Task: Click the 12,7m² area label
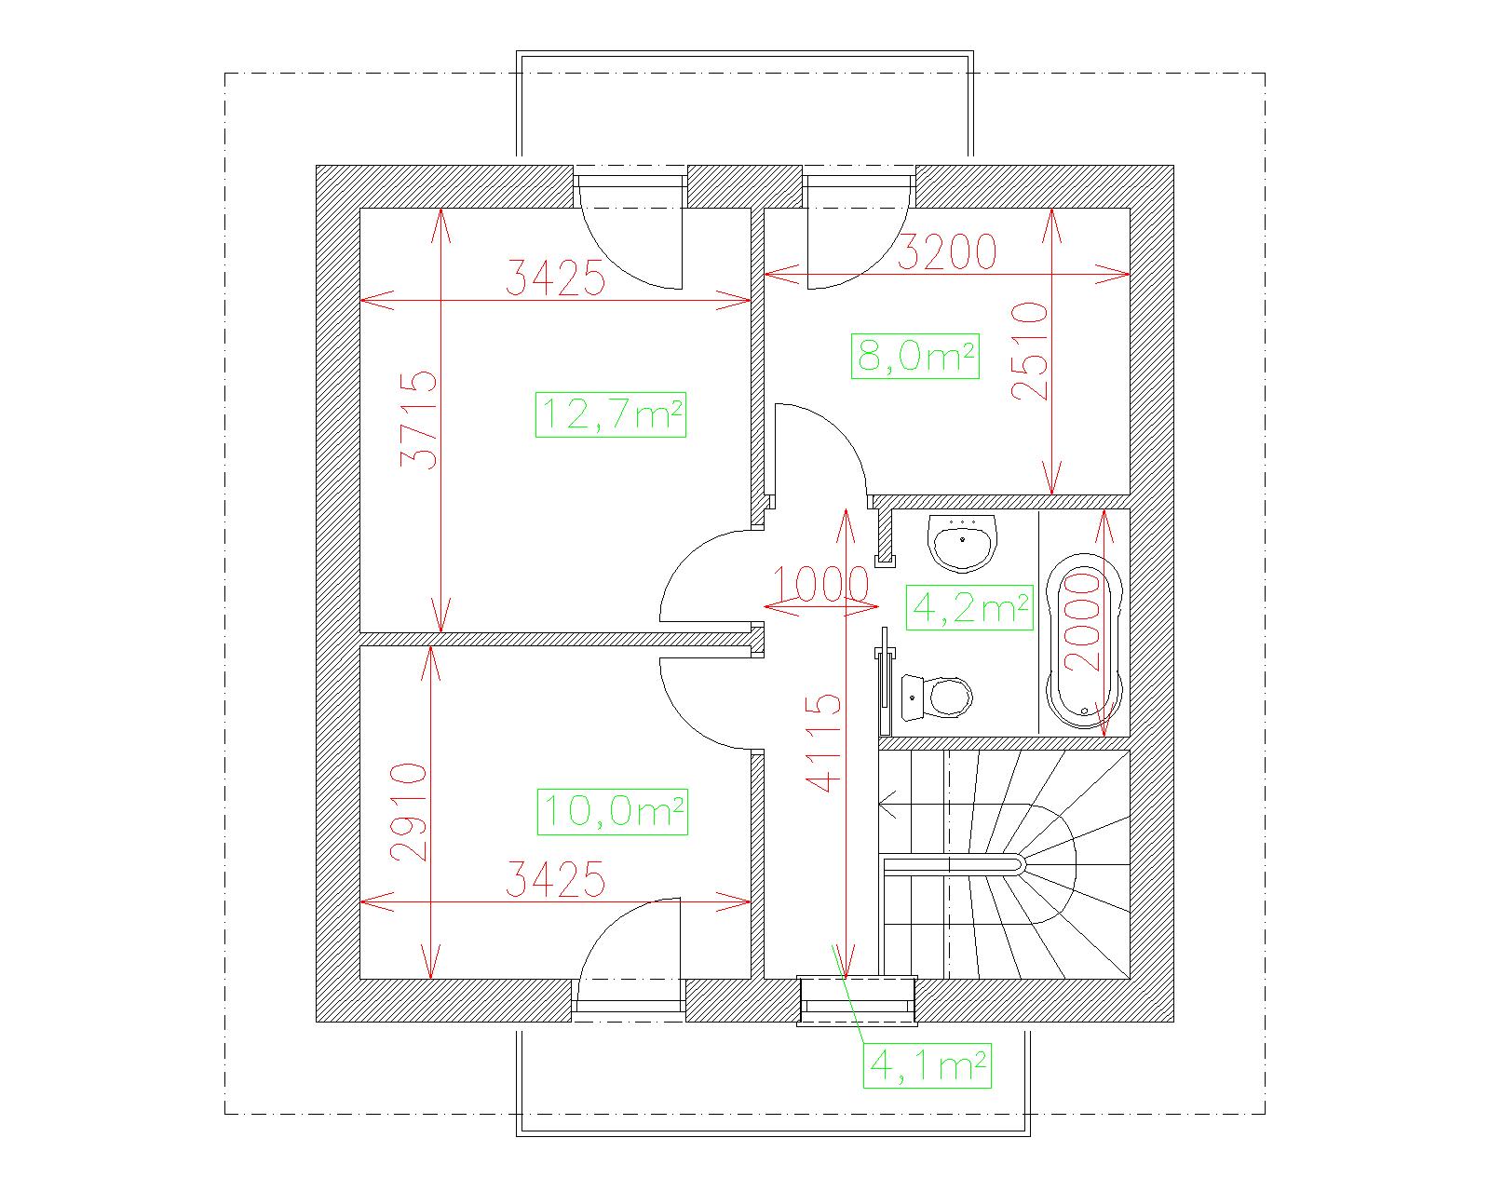tap(611, 415)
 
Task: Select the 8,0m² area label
tap(914, 356)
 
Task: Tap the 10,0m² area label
tap(612, 812)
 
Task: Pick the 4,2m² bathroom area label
tap(969, 607)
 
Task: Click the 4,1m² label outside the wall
tap(928, 1065)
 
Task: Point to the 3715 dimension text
tap(420, 420)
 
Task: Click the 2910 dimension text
tap(409, 812)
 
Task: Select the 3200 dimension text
tap(946, 251)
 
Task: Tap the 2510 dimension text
tap(1030, 351)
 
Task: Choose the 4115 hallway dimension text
tap(822, 743)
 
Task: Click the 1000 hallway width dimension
tap(820, 584)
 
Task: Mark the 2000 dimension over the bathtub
tap(1082, 621)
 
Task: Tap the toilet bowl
tap(937, 697)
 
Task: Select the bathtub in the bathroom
tap(1084, 642)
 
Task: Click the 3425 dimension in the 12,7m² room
tap(555, 278)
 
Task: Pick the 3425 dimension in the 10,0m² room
tap(555, 879)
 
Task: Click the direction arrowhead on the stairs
tap(887, 805)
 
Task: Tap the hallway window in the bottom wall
tap(857, 1001)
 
